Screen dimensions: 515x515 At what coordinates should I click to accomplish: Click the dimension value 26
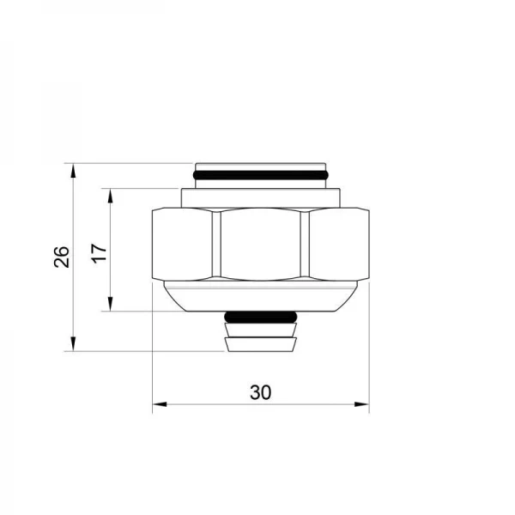[x=62, y=257]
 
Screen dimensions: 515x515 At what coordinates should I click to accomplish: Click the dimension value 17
[x=100, y=252]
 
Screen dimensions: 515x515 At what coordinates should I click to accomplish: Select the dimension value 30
[x=261, y=392]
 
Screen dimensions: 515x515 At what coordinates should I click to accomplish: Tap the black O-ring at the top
[x=260, y=175]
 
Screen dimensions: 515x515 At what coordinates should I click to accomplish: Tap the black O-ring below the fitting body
[x=261, y=318]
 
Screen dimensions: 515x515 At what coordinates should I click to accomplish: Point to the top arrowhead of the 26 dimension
[x=73, y=170]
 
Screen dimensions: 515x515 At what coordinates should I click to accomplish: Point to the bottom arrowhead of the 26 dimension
[x=73, y=344]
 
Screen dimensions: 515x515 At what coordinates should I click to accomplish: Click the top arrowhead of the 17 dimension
[x=111, y=196]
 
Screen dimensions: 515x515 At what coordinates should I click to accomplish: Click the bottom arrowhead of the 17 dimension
[x=111, y=304]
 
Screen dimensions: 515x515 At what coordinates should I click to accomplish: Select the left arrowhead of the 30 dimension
[x=160, y=404]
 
